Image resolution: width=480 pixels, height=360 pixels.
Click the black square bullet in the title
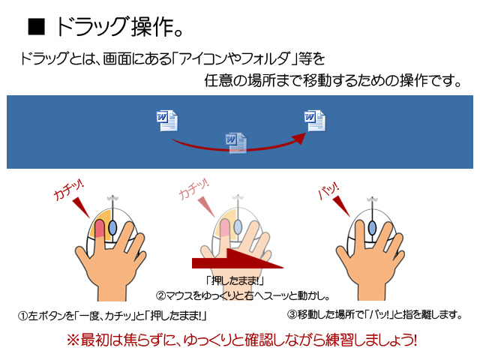[x=37, y=27]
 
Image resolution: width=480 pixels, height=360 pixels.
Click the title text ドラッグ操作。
[x=119, y=27]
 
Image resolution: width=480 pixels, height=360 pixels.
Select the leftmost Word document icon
[x=167, y=121]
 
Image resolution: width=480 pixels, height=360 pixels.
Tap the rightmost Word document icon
[x=315, y=121]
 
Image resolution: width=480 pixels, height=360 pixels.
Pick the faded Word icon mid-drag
[x=236, y=143]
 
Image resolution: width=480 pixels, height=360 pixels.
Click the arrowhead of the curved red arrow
[x=298, y=138]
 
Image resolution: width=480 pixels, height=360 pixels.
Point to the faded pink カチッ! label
[x=193, y=189]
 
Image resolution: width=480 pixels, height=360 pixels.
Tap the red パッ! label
[x=328, y=190]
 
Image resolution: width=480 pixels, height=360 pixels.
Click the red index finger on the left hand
[x=100, y=229]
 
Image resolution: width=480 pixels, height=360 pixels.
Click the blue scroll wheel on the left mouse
[x=112, y=228]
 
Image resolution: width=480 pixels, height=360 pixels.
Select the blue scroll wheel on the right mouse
[x=372, y=227]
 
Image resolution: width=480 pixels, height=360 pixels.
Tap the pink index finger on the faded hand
[x=225, y=227]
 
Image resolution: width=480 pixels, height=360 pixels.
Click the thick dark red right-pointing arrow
[x=238, y=259]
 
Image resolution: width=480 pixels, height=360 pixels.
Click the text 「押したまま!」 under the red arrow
[x=235, y=280]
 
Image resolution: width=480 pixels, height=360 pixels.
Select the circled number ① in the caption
[x=23, y=316]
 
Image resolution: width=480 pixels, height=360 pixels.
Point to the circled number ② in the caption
[x=160, y=296]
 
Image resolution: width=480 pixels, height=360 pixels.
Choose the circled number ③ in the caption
[x=292, y=314]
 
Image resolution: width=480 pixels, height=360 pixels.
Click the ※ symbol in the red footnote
[x=73, y=340]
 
